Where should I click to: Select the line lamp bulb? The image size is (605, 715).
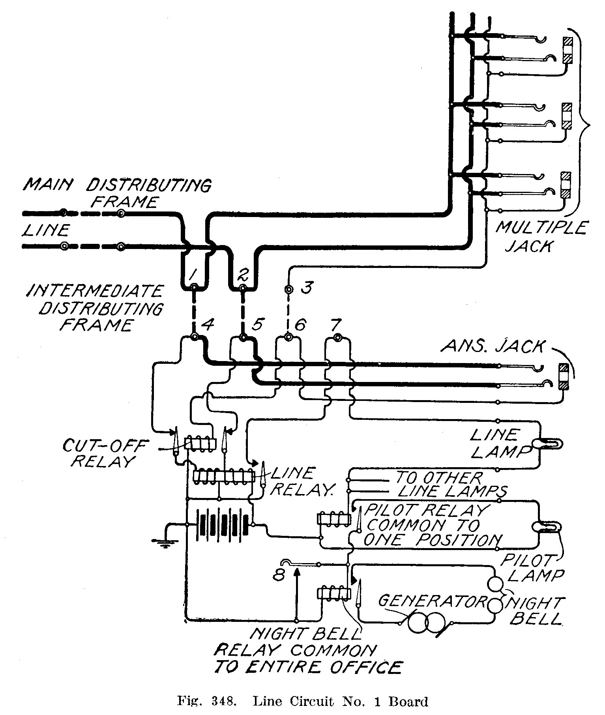[x=549, y=444]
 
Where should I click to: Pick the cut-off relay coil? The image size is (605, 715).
[x=201, y=444]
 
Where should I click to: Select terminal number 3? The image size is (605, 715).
[x=289, y=289]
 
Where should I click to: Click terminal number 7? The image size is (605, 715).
[x=337, y=337]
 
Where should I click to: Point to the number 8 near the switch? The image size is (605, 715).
[x=279, y=576]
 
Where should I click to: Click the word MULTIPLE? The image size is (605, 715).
[x=541, y=228]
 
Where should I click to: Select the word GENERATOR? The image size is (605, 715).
[x=431, y=601]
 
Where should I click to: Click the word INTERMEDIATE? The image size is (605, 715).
[x=95, y=291]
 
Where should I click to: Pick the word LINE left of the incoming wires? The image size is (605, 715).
[x=46, y=230]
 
